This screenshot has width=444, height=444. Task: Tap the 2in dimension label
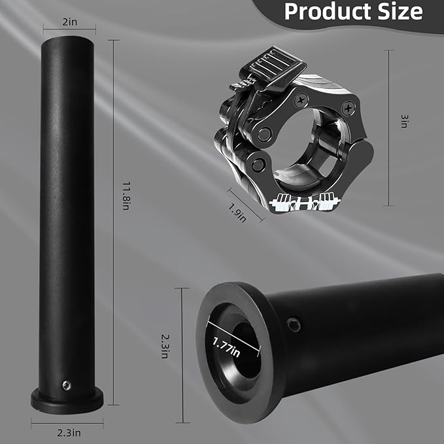70,22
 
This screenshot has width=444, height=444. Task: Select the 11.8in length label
126,196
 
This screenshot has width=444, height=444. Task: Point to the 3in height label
404,121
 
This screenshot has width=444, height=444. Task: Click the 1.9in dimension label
237,213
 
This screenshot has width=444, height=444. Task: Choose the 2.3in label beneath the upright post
69,433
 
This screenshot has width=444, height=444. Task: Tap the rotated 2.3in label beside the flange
165,347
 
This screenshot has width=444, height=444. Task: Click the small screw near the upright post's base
67,385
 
